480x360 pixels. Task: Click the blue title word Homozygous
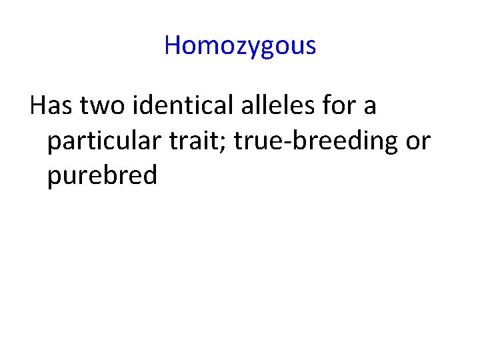[x=240, y=45]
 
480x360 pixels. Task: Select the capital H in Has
[x=37, y=105]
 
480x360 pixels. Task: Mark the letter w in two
[x=99, y=107]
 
